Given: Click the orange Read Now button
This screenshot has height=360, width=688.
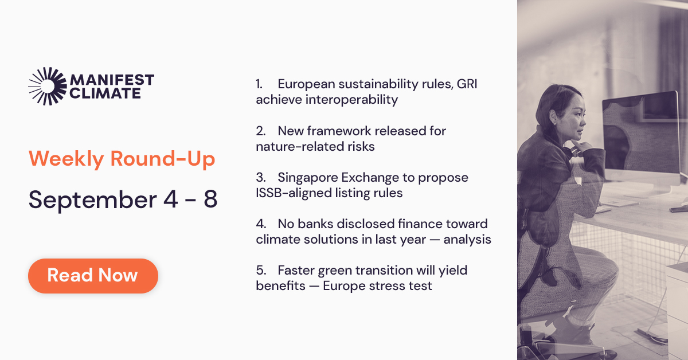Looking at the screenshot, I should click(x=93, y=276).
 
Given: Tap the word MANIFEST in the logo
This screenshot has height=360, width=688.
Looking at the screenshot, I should click(x=111, y=80).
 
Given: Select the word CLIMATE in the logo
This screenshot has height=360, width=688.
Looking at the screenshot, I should click(x=105, y=93).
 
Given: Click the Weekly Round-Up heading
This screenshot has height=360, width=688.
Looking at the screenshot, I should click(x=122, y=159).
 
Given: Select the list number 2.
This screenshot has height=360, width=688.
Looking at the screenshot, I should click(x=260, y=131).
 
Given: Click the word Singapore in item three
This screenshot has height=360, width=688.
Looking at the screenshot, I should click(x=309, y=178).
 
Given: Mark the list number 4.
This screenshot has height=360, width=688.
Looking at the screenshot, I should click(x=260, y=224).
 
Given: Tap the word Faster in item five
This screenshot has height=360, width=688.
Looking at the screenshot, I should click(x=296, y=271).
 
